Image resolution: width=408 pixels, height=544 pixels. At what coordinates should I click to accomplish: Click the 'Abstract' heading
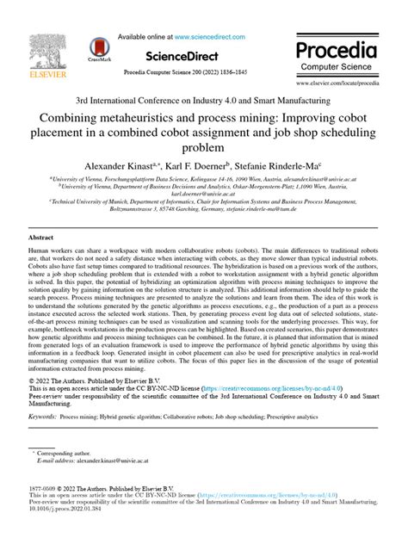tap(42, 237)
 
